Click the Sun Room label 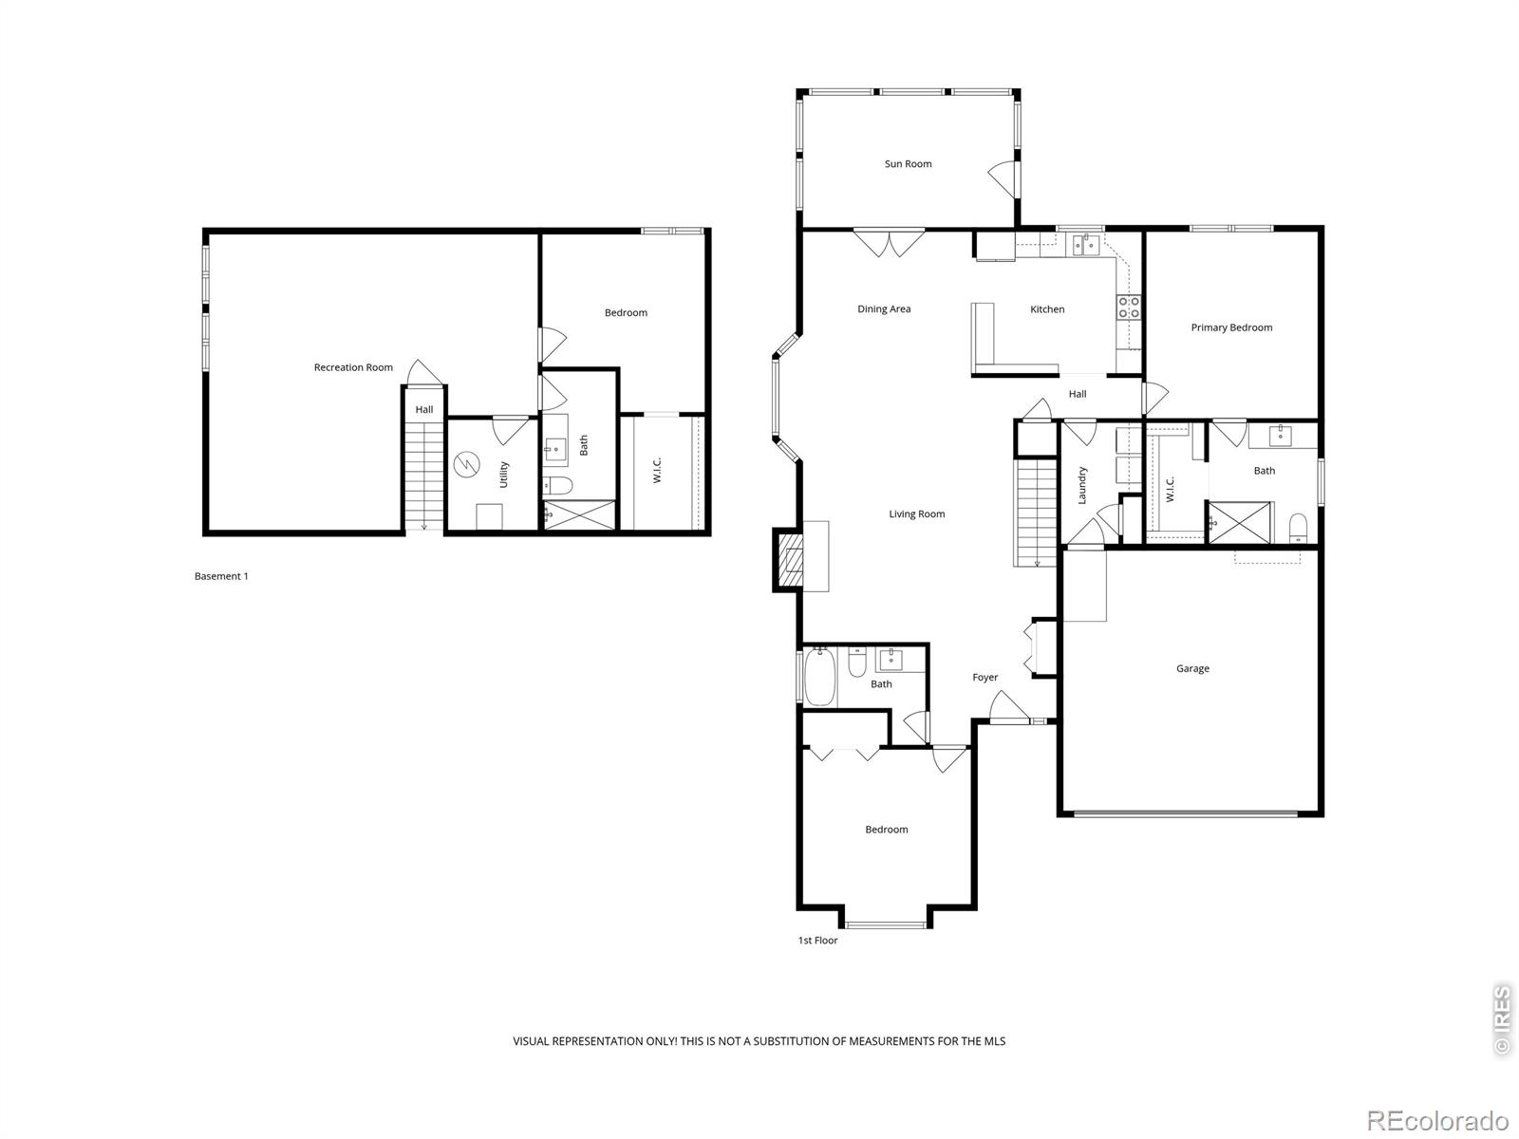908,164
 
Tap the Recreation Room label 353,367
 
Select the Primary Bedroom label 1231,327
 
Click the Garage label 1192,669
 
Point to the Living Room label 916,513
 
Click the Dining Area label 884,309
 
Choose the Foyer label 985,678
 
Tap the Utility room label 503,475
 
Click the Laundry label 1082,485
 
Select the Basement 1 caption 221,576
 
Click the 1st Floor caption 817,941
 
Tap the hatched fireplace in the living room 790,560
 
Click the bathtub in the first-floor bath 819,676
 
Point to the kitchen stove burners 1129,308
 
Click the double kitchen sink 1085,245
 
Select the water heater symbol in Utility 466,465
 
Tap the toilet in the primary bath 1298,528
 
